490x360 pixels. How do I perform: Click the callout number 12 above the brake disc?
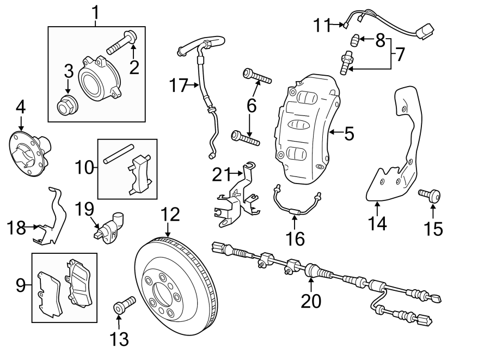170,214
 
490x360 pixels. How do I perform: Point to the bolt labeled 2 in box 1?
121,43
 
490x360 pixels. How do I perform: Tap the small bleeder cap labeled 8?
354,39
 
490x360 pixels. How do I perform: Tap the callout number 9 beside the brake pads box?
20,284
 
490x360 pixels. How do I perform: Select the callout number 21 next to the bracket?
222,175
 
